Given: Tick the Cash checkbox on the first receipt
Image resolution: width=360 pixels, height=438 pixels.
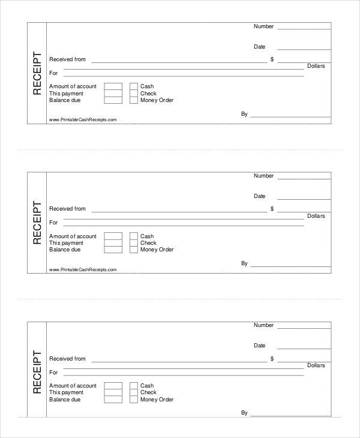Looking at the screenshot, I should [x=133, y=86].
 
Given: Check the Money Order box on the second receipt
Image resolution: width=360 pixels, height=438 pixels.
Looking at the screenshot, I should [x=133, y=250].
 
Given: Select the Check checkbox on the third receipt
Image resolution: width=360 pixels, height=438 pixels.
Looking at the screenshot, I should [x=133, y=392].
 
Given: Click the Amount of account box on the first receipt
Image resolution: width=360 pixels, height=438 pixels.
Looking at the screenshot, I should [x=113, y=86].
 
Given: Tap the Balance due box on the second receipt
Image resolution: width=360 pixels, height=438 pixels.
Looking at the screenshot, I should [x=113, y=250].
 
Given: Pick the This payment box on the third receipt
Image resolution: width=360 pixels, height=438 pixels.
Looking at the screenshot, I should [x=113, y=392].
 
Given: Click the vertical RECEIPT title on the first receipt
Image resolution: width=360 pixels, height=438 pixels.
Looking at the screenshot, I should [x=37, y=73].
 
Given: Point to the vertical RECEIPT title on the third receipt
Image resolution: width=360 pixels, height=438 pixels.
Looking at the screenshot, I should [x=37, y=373].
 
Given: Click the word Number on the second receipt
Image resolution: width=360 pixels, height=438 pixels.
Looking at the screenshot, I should [x=263, y=176].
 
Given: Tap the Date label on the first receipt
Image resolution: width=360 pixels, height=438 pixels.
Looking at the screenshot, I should [x=259, y=46].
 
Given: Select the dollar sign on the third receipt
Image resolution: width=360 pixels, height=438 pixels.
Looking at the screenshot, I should [x=272, y=359].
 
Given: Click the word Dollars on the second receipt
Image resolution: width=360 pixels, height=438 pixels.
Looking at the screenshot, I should [x=316, y=216].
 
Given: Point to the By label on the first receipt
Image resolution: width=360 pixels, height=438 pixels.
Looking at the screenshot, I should [x=244, y=113].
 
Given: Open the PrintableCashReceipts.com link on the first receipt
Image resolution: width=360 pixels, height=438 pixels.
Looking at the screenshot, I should [x=83, y=120].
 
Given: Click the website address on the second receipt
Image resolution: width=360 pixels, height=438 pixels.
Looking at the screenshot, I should [x=83, y=269].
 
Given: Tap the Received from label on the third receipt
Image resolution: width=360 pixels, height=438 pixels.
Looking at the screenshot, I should [x=67, y=359].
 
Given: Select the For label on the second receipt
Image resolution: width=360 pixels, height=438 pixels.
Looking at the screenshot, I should [x=53, y=223].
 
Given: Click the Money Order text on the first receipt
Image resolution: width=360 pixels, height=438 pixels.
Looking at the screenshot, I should [x=157, y=100].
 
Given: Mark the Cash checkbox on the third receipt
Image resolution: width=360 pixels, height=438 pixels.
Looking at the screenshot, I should [x=133, y=386].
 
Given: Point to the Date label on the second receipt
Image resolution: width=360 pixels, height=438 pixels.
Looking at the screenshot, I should [x=259, y=196].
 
